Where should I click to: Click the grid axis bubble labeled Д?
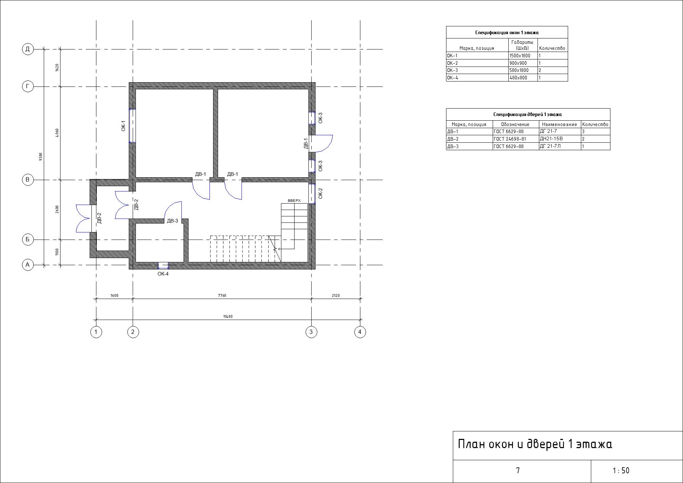click(x=28, y=49)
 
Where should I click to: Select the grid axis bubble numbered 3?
click(x=311, y=332)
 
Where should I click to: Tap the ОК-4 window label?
click(x=163, y=274)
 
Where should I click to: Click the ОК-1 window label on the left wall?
click(x=123, y=126)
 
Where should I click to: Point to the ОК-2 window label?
click(x=320, y=193)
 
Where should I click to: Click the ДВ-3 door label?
click(x=173, y=221)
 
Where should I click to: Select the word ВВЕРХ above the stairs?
click(x=294, y=201)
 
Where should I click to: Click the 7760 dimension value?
click(x=222, y=295)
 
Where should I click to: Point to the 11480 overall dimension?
click(x=228, y=316)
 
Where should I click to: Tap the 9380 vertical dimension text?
click(x=41, y=157)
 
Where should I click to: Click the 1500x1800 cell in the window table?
click(x=520, y=56)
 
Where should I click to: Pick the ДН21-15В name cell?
click(x=551, y=139)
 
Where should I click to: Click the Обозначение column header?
click(x=515, y=125)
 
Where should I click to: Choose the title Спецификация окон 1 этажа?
click(x=507, y=33)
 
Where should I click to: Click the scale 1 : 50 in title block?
click(x=621, y=471)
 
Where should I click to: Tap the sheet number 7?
click(x=518, y=471)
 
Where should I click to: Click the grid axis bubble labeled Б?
click(x=28, y=240)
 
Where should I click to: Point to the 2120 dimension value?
click(x=335, y=295)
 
